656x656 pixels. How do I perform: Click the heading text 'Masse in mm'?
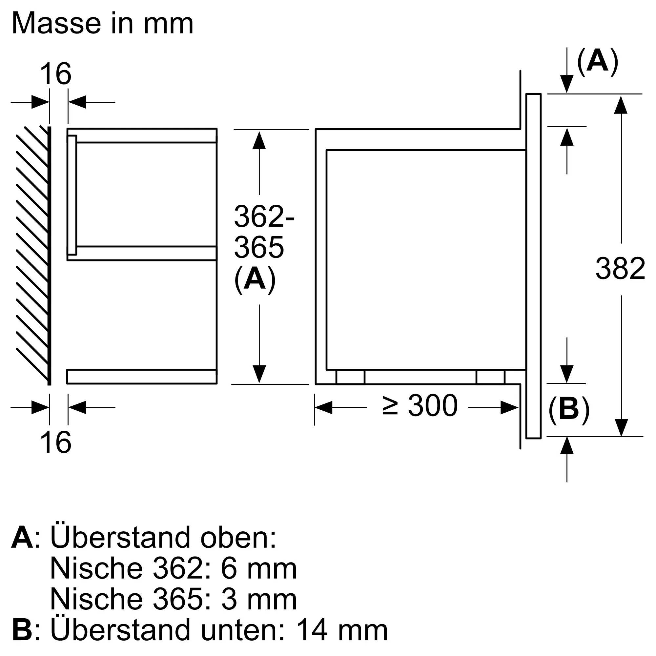[103, 23]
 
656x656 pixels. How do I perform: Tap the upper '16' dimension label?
[56, 74]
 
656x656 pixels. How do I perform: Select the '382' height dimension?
[620, 269]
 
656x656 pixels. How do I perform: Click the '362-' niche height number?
[264, 216]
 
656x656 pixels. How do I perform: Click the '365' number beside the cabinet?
[259, 248]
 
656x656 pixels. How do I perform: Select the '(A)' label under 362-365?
[255, 280]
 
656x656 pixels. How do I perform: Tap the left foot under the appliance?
[350, 377]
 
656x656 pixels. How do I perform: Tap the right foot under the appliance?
[491, 377]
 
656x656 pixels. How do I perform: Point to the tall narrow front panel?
[533, 266]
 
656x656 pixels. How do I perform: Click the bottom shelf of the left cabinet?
[142, 377]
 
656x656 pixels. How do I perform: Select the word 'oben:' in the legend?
[238, 538]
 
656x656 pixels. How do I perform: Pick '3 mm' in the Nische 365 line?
[259, 600]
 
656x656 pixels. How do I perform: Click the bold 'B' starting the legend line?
[22, 630]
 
